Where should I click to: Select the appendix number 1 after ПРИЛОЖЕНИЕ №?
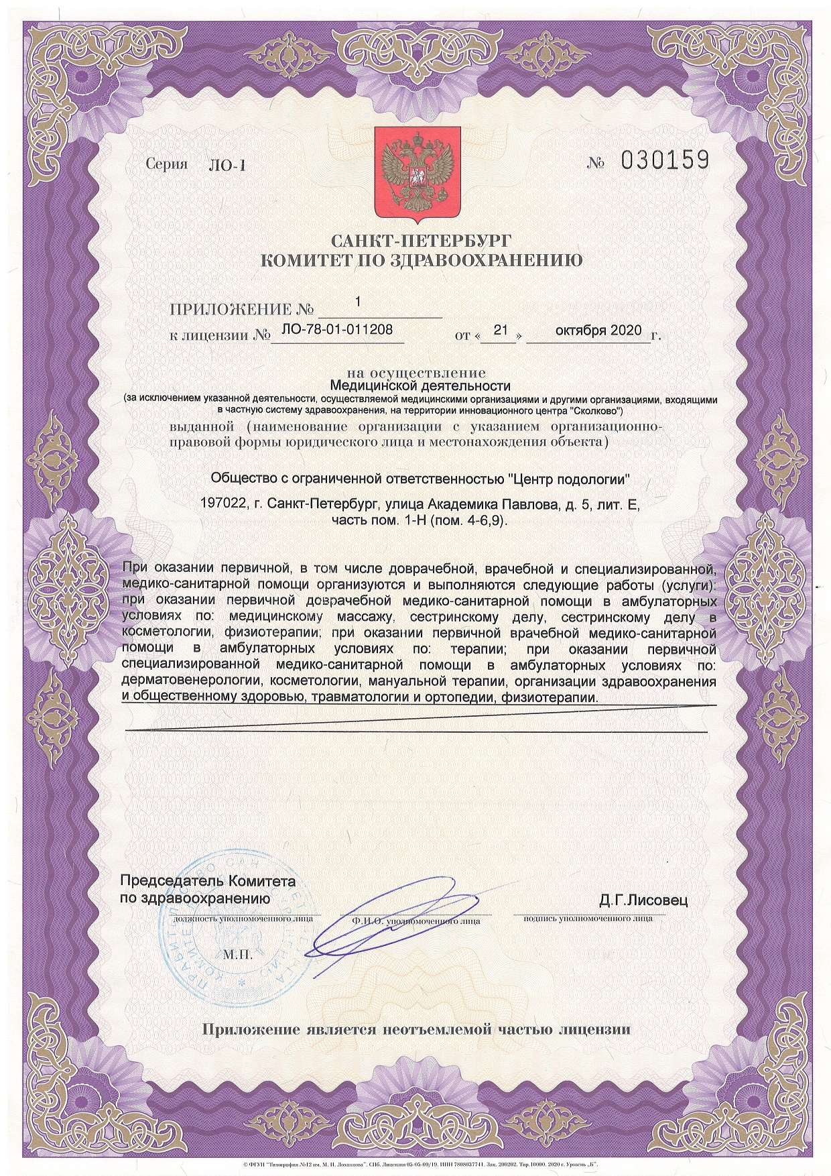(358, 302)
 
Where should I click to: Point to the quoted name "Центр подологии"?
(570, 479)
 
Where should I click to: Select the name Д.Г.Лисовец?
(643, 900)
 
